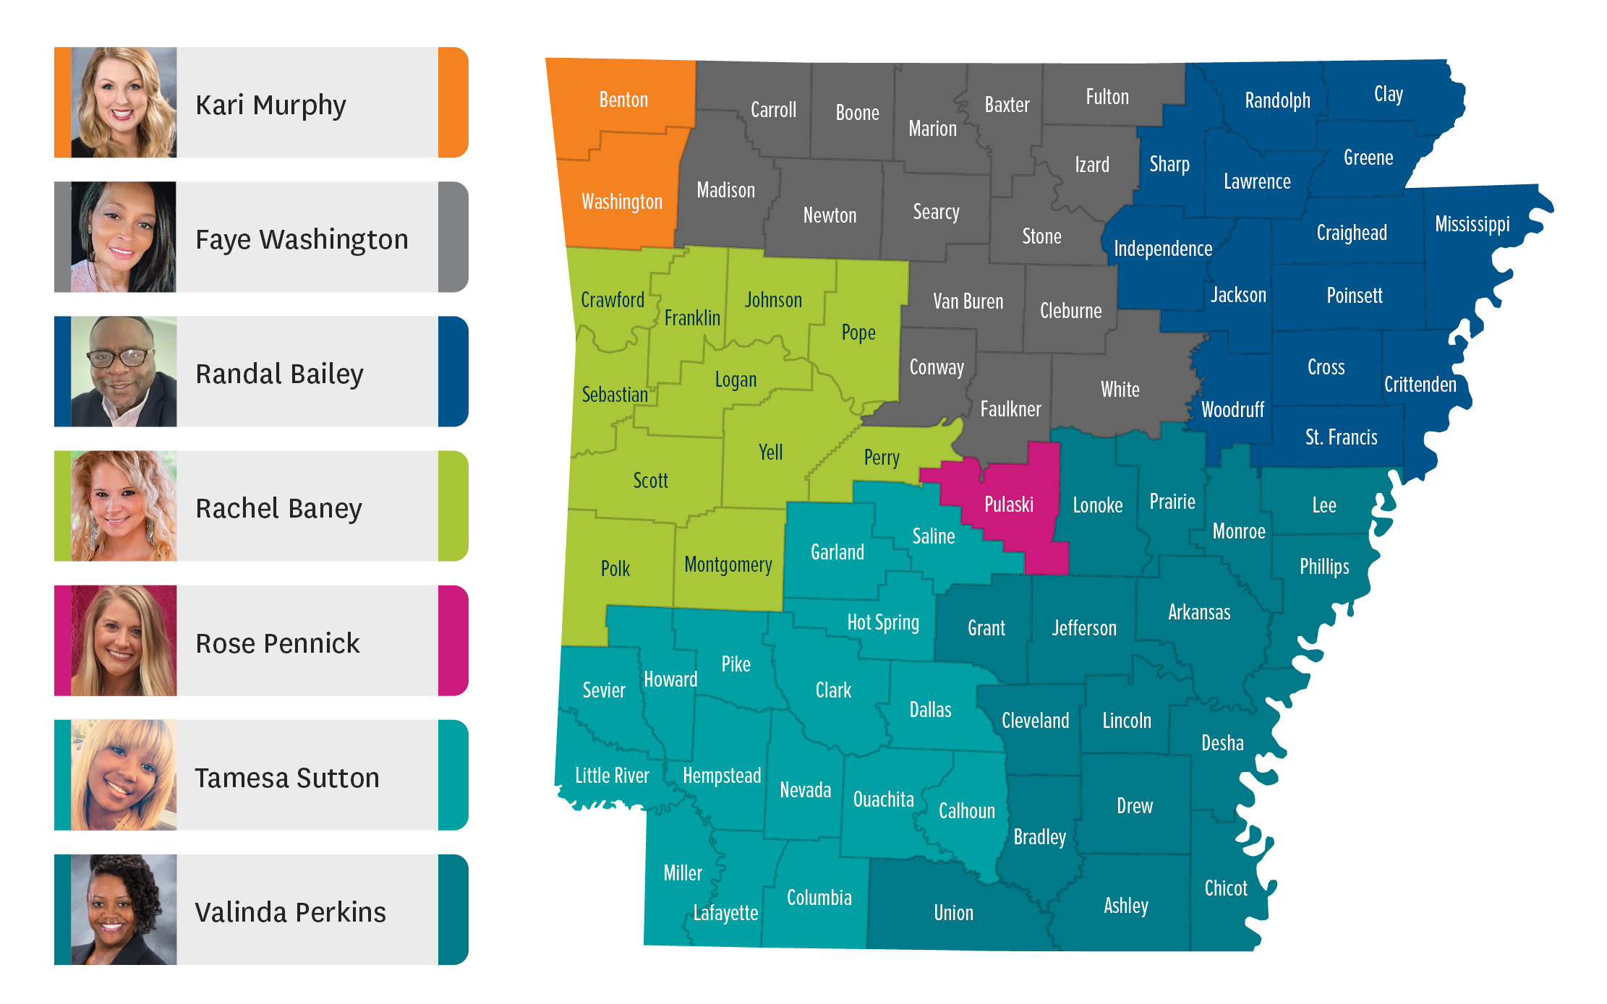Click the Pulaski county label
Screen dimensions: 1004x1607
[x=1008, y=505]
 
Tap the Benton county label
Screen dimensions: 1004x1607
[x=623, y=100]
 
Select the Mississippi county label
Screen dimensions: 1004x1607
[x=1472, y=224]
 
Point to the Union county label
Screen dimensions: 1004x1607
[x=953, y=913]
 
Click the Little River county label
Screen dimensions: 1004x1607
[x=612, y=776]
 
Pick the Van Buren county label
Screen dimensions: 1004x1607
[x=968, y=301]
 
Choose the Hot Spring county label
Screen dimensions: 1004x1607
[x=883, y=622]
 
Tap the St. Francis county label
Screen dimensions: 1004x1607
[x=1341, y=437]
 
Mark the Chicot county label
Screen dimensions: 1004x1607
[x=1226, y=888]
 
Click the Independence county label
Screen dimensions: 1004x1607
[x=1163, y=249]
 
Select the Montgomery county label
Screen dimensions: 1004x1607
[x=728, y=565]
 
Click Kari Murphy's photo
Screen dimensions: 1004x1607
[x=124, y=103]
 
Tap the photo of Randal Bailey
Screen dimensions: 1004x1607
[x=124, y=372]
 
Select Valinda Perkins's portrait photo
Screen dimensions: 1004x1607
[x=124, y=910]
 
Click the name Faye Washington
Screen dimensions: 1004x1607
[x=302, y=239]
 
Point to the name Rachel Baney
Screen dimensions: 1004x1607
[x=278, y=508]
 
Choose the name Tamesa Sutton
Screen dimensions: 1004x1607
[x=287, y=778]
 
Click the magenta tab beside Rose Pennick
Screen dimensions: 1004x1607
[x=453, y=640]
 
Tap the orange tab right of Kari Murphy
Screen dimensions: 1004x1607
[x=453, y=103]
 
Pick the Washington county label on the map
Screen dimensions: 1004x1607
[x=622, y=202]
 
